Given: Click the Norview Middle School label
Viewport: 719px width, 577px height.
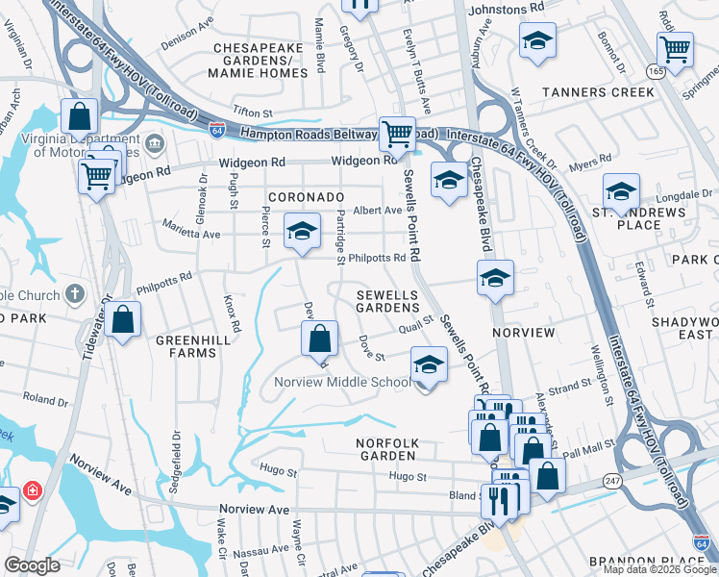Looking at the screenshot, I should (x=342, y=382).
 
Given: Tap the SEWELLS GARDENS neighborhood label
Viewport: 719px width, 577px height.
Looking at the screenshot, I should (x=387, y=301).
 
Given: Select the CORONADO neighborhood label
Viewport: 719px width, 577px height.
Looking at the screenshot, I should (x=306, y=197).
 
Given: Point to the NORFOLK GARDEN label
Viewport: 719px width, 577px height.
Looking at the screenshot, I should (x=385, y=450).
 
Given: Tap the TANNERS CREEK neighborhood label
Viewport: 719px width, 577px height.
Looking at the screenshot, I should (x=598, y=92).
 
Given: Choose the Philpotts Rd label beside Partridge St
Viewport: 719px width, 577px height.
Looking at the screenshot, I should (x=377, y=258).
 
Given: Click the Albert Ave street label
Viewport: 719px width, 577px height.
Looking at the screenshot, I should (x=377, y=210).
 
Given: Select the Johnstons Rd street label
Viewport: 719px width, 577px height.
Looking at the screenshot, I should (x=506, y=8).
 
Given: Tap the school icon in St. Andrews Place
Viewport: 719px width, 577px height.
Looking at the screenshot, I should (x=621, y=190).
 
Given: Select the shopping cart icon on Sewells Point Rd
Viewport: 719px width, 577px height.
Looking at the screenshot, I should (x=397, y=134).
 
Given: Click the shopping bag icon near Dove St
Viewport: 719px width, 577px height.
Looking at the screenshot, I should (x=319, y=339).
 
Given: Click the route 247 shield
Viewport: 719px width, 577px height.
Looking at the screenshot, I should (x=611, y=480).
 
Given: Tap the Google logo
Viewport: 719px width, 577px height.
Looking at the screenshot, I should (x=33, y=565).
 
